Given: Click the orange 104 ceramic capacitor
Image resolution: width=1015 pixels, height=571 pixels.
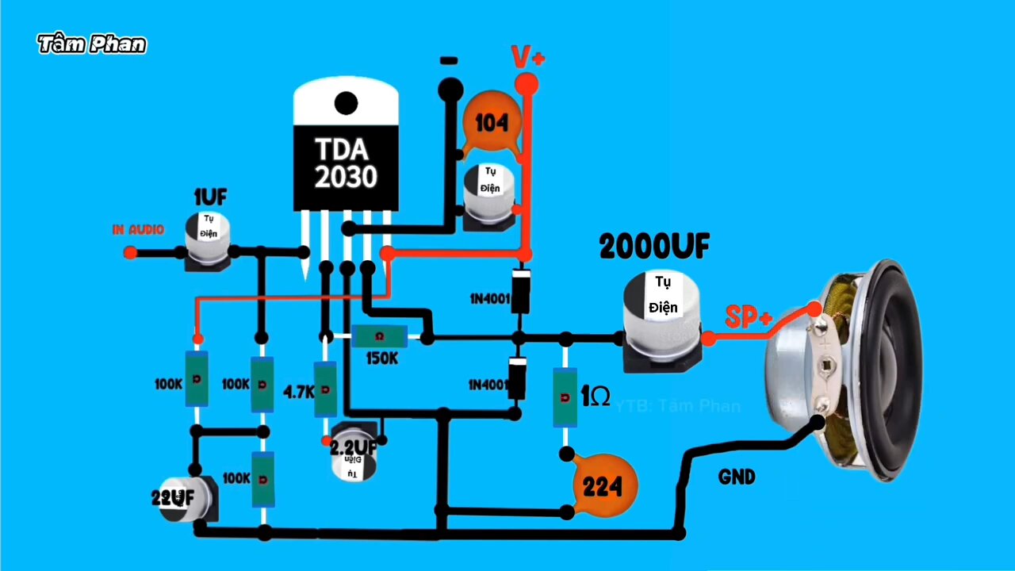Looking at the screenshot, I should pyautogui.click(x=492, y=123).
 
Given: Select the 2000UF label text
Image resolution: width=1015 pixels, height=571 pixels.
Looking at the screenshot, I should pyautogui.click(x=654, y=247).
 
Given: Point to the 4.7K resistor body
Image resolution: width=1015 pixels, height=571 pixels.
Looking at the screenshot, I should pyautogui.click(x=325, y=389).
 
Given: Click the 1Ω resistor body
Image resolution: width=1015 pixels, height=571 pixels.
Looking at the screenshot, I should pyautogui.click(x=565, y=396).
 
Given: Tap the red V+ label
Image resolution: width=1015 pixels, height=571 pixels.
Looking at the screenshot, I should pyautogui.click(x=527, y=57).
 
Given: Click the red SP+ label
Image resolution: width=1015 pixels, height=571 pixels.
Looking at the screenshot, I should pyautogui.click(x=748, y=318).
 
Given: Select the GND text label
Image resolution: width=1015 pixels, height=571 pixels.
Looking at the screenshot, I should pyautogui.click(x=737, y=477).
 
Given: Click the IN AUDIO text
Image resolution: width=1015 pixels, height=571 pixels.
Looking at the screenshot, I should pyautogui.click(x=138, y=230).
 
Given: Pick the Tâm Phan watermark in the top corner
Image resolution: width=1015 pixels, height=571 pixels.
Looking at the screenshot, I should pyautogui.click(x=92, y=44).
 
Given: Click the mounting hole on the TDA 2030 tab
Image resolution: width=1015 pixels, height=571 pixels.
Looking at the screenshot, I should pyautogui.click(x=346, y=102).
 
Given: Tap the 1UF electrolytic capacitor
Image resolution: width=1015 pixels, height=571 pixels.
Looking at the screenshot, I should pyautogui.click(x=208, y=237).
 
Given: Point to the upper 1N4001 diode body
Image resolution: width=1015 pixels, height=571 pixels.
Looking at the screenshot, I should pyautogui.click(x=521, y=291).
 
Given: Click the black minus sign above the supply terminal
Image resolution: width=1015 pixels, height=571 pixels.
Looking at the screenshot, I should pyautogui.click(x=449, y=60).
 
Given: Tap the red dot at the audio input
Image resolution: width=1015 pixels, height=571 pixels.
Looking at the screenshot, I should pyautogui.click(x=130, y=252).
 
